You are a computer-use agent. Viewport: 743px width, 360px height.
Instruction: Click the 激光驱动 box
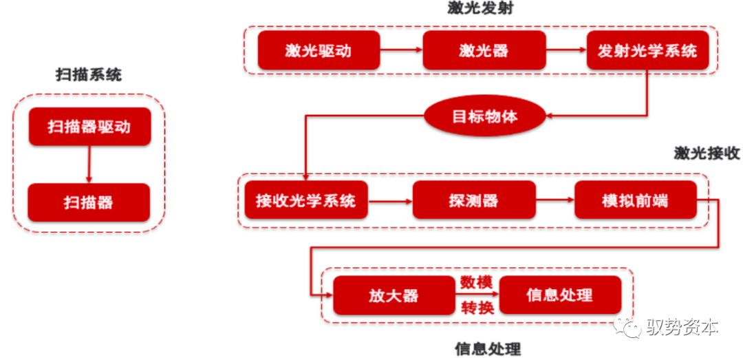[x=319, y=50]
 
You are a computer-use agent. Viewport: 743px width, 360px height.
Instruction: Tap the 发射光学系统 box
[x=647, y=50]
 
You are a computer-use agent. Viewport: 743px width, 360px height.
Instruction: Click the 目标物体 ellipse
[x=484, y=116]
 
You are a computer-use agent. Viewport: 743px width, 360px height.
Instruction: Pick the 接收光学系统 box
[x=305, y=201]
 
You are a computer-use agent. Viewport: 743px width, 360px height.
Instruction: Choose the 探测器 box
[x=473, y=201]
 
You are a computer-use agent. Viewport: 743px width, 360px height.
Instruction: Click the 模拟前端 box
[x=634, y=201]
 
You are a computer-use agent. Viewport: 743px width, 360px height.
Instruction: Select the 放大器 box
[x=394, y=295]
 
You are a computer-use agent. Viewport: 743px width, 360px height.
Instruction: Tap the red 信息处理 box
[x=559, y=295]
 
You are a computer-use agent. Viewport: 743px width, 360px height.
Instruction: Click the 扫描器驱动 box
[x=89, y=127]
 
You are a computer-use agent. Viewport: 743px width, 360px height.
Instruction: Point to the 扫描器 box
[x=89, y=202]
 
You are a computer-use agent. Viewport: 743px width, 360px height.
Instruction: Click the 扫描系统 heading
[x=89, y=74]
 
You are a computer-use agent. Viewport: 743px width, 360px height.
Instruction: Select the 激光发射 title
[x=480, y=10]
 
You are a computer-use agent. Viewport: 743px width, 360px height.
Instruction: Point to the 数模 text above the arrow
[x=477, y=282]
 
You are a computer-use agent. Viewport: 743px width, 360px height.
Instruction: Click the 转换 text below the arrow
[x=477, y=308]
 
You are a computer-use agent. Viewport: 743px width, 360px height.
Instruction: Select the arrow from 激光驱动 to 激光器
[x=401, y=50]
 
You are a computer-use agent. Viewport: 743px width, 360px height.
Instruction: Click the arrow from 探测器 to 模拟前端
[x=554, y=201]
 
